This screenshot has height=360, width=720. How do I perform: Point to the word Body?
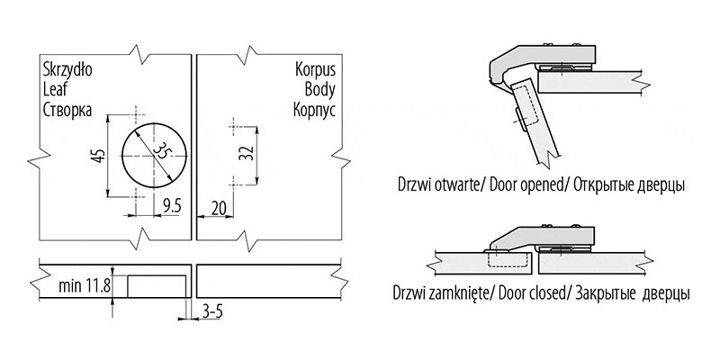click(x=321, y=90)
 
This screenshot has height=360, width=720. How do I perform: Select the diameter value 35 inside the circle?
click(x=159, y=152)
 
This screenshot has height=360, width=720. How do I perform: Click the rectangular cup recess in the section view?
click(x=157, y=285)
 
